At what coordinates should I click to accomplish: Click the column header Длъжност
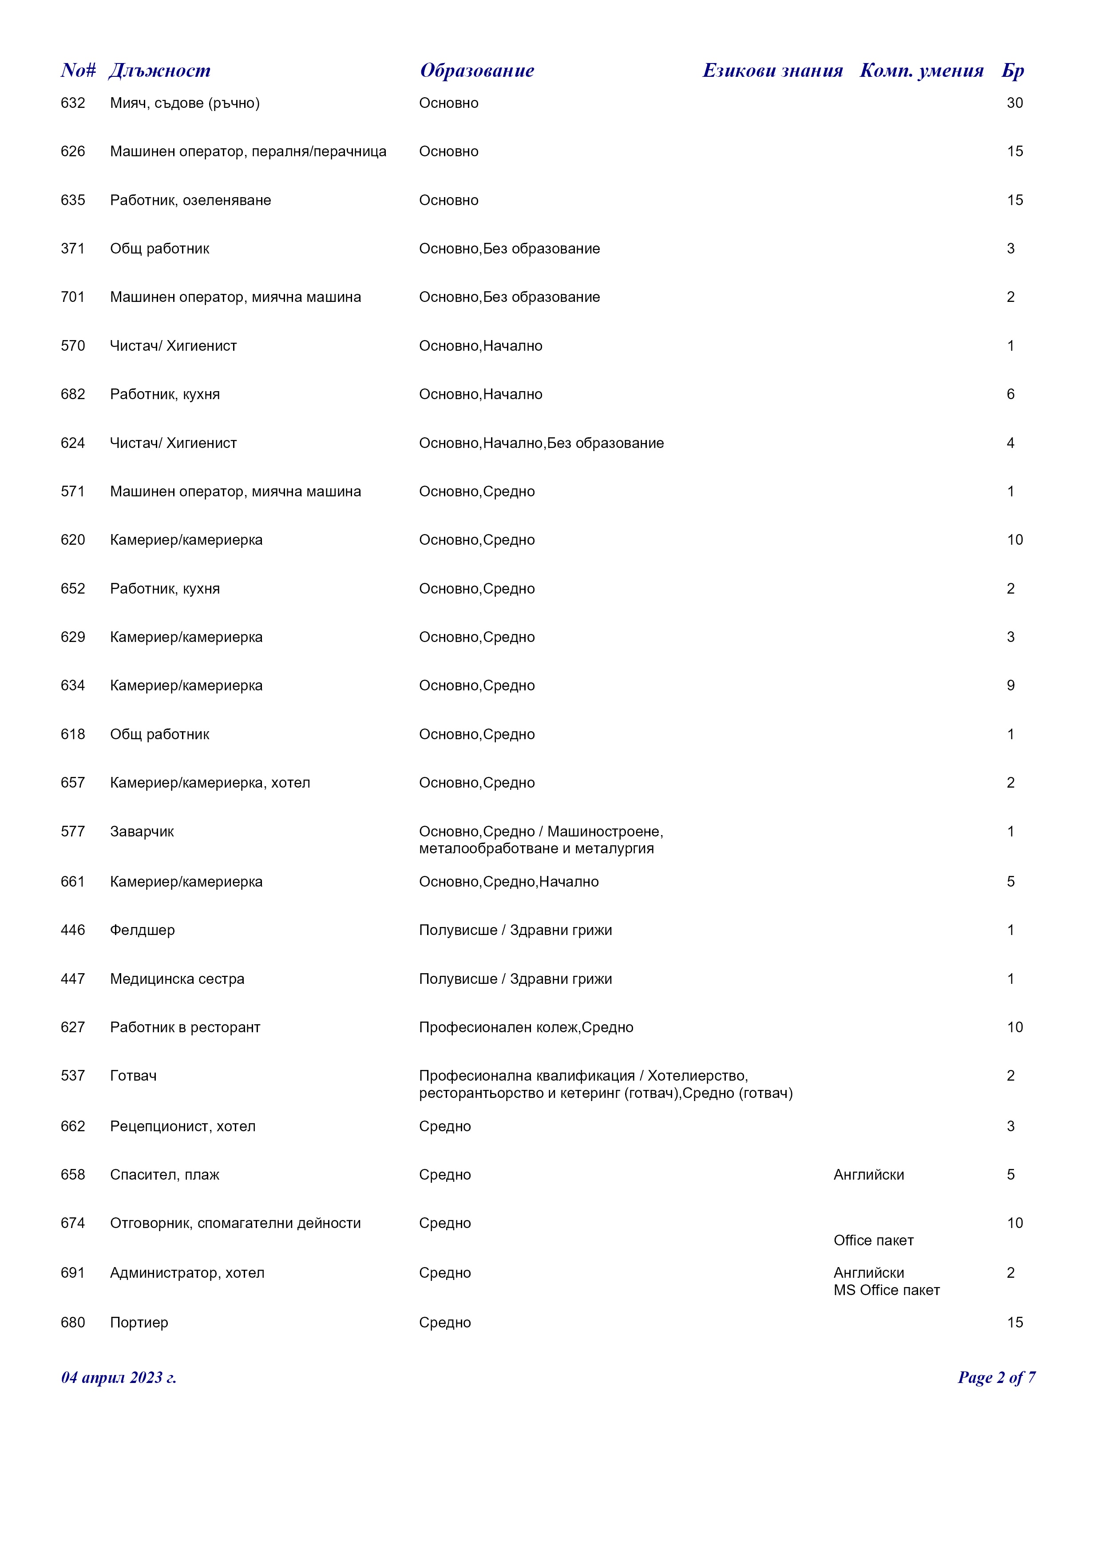coord(159,71)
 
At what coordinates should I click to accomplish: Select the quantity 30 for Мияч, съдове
coord(1014,103)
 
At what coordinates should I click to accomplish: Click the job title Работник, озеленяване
coord(190,200)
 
